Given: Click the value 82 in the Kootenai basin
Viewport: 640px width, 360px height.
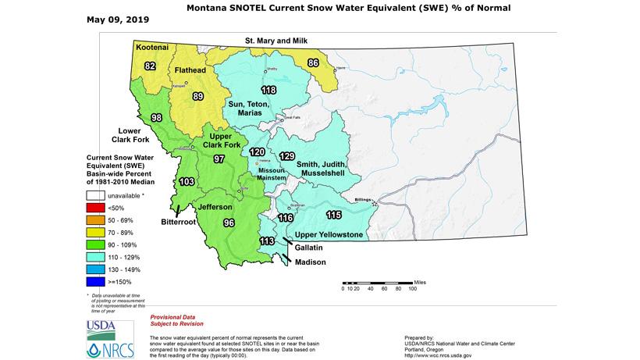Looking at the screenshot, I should tap(150, 66).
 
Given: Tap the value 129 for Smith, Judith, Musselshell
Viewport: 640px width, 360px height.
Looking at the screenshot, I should tap(286, 155).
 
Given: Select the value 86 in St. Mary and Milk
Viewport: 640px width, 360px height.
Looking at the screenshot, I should tap(313, 62).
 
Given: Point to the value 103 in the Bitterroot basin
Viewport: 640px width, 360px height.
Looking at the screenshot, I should tap(187, 181).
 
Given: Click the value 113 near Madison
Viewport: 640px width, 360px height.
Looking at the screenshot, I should tap(267, 241).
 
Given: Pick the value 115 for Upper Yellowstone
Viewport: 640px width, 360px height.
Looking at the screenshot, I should tap(334, 215).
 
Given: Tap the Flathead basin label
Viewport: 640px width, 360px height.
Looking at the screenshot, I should tap(190, 70).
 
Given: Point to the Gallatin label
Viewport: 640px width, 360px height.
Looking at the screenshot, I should tap(311, 247).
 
